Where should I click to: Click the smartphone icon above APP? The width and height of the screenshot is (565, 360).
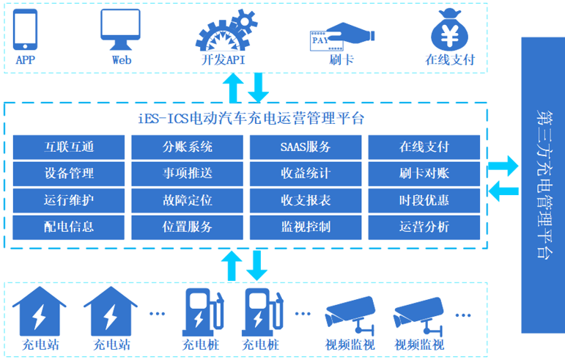[26, 28]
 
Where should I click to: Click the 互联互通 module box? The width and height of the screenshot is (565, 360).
[69, 147]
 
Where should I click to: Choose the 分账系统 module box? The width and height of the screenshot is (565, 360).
[188, 147]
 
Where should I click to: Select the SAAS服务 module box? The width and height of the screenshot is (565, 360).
[306, 147]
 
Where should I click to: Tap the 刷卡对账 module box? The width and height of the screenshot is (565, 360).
[424, 174]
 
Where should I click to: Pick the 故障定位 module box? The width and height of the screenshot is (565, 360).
[188, 200]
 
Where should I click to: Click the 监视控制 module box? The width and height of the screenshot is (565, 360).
[306, 227]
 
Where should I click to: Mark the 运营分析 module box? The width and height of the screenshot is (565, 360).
[424, 227]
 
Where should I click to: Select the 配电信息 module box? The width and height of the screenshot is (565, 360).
[69, 227]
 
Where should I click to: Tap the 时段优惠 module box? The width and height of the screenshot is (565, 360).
[424, 200]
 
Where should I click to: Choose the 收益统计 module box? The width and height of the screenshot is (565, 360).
[306, 174]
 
